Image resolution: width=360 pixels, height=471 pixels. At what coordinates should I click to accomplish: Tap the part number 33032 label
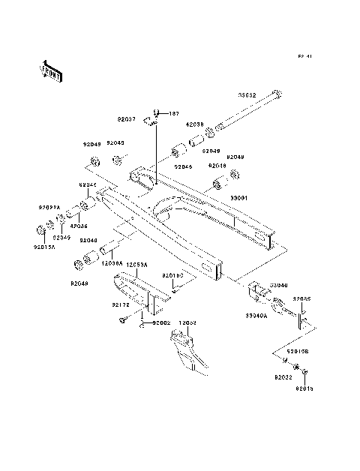point(247,95)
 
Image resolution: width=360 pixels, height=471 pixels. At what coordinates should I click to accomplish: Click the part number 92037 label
point(127,119)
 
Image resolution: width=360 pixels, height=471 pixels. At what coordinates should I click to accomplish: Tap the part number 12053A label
point(137,265)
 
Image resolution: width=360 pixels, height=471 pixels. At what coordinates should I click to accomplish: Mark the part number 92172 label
point(121,306)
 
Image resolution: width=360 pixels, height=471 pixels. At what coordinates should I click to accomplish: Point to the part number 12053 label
point(187,322)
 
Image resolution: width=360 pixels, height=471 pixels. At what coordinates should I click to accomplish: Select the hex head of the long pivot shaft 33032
point(280,94)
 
